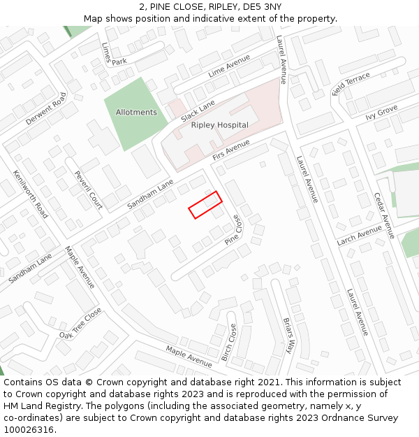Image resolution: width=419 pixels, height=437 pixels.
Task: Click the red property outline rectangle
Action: pos(205,205)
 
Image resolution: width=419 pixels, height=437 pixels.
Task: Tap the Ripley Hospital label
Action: pos(219,125)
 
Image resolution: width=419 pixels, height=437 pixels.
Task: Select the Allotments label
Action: pos(136,113)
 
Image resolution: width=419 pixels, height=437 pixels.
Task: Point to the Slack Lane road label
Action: pos(198,109)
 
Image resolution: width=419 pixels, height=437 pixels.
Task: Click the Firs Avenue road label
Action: pos(231,149)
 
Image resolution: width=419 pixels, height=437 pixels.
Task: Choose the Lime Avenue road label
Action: pos(229,66)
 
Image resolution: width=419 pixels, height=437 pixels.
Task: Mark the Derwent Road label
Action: pos(46,109)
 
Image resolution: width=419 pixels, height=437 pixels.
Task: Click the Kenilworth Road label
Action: pos(31,194)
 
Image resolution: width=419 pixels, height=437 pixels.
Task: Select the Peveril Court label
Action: pos(89,190)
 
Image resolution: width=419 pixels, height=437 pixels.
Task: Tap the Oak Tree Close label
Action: pos(80,323)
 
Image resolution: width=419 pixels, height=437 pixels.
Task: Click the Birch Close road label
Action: pos(229,343)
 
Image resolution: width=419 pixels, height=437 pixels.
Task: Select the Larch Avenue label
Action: pos(359,236)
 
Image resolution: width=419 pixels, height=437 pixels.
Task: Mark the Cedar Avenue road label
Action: pos(384,215)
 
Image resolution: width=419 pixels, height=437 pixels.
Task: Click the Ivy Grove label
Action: pos(381,112)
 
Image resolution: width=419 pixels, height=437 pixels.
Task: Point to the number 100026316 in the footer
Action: pos(28,430)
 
